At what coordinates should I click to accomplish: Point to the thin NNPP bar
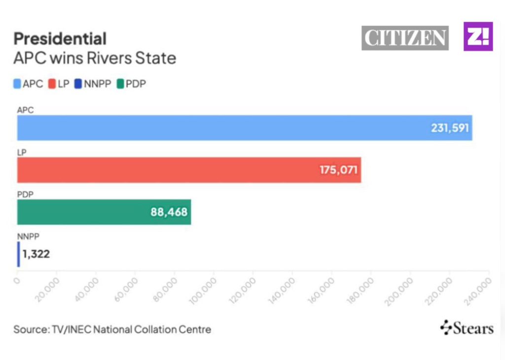tap(19, 254)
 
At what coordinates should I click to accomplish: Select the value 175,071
tap(339, 170)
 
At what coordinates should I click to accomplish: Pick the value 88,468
tap(169, 212)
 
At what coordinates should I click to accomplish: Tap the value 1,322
tap(36, 254)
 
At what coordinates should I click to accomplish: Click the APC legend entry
tap(29, 84)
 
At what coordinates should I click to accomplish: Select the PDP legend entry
tap(131, 84)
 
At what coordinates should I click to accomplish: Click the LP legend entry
tap(59, 84)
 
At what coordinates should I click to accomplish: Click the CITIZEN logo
tap(405, 38)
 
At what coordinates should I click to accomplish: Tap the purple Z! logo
tap(478, 36)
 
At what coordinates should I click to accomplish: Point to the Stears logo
tap(467, 328)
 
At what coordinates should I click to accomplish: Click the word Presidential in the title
tap(60, 38)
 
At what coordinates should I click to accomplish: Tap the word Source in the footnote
tap(30, 329)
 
